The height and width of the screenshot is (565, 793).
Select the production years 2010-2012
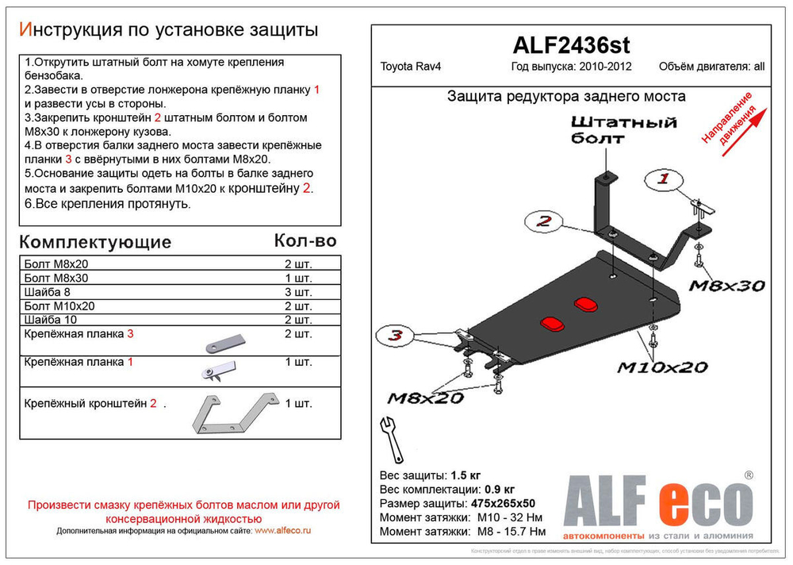coord(605,67)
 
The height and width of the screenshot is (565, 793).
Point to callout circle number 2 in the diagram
coord(542,221)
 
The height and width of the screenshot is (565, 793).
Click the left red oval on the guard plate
coord(549,322)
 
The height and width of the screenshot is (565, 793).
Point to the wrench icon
coord(392,439)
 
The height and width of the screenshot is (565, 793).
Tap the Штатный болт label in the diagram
coord(623,129)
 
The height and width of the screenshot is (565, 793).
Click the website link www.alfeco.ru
coord(283,530)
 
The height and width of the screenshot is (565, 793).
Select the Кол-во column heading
coord(305,240)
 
